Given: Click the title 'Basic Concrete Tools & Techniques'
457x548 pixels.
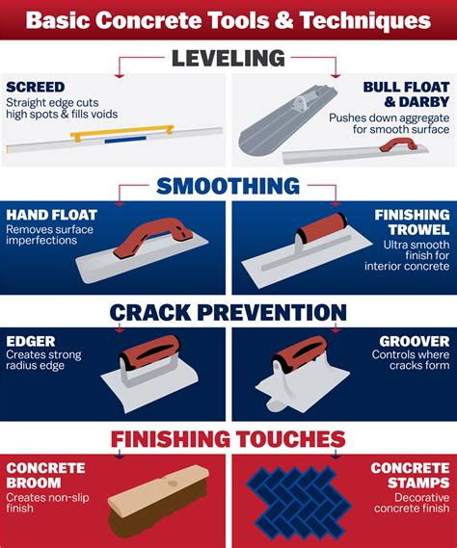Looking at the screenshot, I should [228, 19].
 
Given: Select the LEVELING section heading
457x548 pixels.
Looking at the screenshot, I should [228, 59].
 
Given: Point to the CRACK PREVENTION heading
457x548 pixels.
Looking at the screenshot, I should [228, 312].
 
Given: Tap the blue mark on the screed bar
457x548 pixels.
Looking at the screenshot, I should [120, 140].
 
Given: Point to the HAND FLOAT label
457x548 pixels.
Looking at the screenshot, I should [49, 215].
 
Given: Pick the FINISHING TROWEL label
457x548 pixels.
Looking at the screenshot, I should [413, 222].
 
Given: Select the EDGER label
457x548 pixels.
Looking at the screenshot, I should [31, 341].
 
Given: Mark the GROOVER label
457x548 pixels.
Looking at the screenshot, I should [415, 341].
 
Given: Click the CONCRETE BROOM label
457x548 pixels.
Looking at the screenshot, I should [44, 475].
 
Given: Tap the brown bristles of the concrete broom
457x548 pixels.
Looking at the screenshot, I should [154, 521].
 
